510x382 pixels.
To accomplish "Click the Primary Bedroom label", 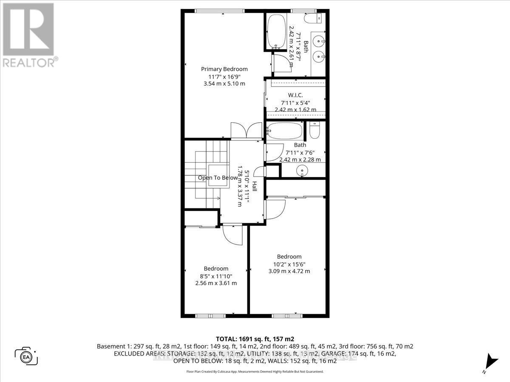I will pos(224,69).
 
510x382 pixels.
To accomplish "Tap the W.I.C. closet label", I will pos(295,95).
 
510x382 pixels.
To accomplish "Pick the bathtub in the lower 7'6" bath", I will pos(285,131).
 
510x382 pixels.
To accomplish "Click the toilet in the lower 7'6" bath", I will pos(315,130).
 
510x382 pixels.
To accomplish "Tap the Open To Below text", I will pos(218,178).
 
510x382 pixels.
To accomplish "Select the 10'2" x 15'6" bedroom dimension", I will pos(289,264).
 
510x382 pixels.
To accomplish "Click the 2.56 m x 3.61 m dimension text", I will pos(216,283).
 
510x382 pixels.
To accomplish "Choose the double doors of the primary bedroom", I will pos(246,131).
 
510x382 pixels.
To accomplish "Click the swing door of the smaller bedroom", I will pos(232,234).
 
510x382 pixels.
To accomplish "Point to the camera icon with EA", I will pos(26,356).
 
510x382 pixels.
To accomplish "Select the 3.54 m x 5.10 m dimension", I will pos(224,84).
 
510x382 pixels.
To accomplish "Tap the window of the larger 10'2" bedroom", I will pos(287,316).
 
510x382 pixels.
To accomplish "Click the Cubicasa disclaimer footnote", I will pos(255,371).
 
